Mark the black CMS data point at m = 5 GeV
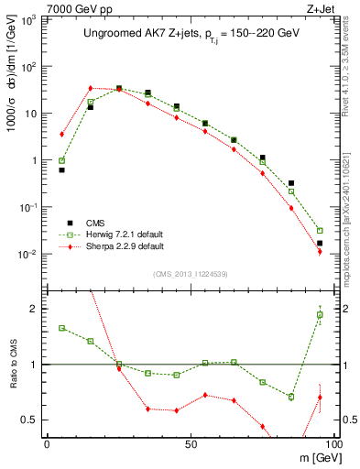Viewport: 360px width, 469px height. click(61, 170)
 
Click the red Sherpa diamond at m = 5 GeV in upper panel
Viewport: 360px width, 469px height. click(61, 134)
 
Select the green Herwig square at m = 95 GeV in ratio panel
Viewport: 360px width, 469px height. click(320, 315)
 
